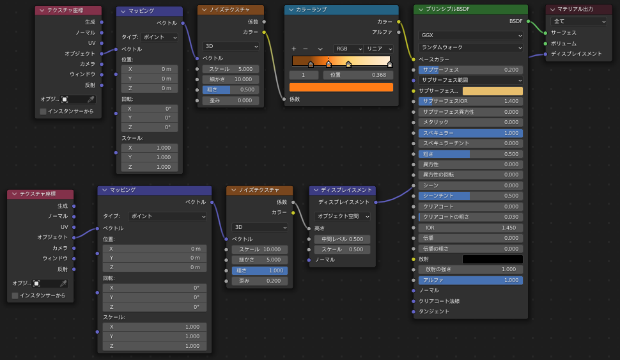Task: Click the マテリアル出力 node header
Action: pos(578,9)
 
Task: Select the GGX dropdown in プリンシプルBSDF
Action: pos(470,35)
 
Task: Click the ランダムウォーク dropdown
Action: pos(470,47)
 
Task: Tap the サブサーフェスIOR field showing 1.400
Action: pos(470,101)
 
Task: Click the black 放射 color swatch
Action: pos(493,259)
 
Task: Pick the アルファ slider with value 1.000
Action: pos(470,280)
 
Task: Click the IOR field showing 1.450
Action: pos(470,228)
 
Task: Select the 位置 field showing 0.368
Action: pos(358,75)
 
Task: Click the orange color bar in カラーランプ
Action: pos(341,87)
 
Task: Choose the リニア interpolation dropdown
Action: pos(378,49)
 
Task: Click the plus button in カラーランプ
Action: pos(294,49)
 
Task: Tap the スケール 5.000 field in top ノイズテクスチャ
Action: pos(231,69)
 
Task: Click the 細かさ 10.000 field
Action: pos(231,79)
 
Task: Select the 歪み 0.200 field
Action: pos(260,281)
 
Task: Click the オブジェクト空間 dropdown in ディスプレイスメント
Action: pos(343,216)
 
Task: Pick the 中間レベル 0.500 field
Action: pos(343,239)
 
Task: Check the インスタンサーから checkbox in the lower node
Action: pos(15,295)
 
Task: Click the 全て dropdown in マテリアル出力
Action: pos(578,21)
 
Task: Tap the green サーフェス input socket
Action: pos(546,33)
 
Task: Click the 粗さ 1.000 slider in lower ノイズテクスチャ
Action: pos(260,270)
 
